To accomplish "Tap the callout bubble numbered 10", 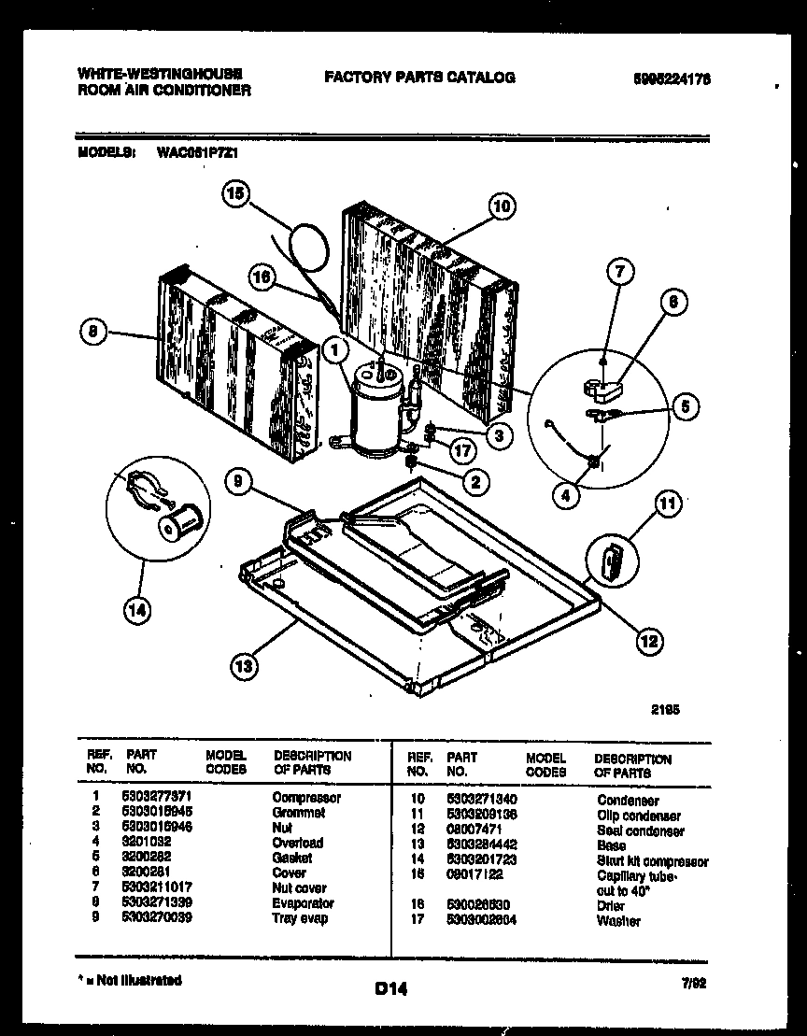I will [x=501, y=206].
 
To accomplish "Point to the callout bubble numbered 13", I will [x=244, y=666].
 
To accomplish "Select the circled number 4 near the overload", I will [x=564, y=496].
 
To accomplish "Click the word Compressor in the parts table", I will [x=306, y=798].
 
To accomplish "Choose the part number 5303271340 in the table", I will [x=481, y=801].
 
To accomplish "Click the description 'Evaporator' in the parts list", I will [x=303, y=903].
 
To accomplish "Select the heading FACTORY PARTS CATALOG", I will [x=419, y=78].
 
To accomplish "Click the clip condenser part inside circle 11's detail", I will [x=613, y=562].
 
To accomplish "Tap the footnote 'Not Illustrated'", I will [x=133, y=980].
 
